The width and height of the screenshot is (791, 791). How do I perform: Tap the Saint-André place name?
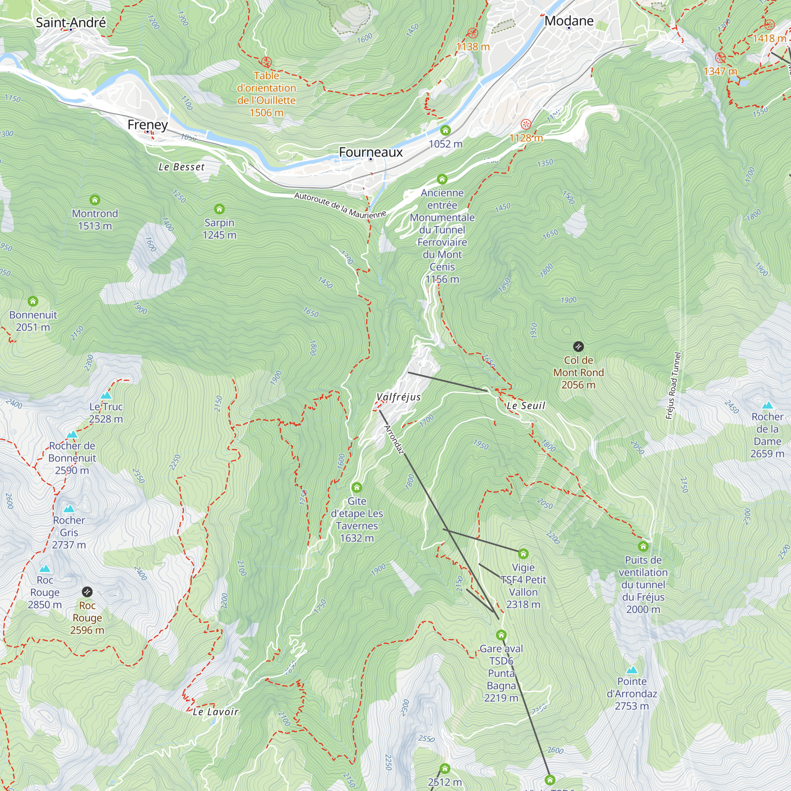click(x=71, y=22)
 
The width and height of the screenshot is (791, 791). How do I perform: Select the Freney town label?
click(x=148, y=125)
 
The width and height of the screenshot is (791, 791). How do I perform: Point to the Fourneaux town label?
click(x=371, y=152)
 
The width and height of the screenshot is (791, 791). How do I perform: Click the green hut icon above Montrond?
click(x=95, y=200)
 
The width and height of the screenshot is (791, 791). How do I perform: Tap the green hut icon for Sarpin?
click(x=220, y=209)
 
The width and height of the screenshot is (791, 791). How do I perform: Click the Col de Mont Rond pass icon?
click(x=578, y=347)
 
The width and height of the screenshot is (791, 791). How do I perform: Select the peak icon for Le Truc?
click(x=106, y=395)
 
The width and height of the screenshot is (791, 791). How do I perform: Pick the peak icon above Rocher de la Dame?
click(x=767, y=405)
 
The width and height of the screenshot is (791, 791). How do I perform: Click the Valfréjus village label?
click(x=398, y=397)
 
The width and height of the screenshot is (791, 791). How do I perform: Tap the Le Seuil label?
click(x=526, y=406)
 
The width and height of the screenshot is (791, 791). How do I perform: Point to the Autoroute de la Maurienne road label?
click(x=340, y=205)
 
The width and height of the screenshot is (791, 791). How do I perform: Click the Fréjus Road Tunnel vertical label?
click(x=673, y=386)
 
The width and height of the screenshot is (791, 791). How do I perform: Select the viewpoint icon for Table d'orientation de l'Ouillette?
click(x=267, y=62)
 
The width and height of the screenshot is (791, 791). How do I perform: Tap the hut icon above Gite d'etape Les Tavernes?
click(x=357, y=487)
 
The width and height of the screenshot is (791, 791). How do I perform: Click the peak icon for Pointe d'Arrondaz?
click(x=632, y=670)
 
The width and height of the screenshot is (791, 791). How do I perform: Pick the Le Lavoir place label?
click(x=216, y=712)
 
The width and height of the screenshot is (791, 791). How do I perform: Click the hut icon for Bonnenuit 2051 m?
click(x=33, y=301)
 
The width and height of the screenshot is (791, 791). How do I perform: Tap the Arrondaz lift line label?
click(x=394, y=440)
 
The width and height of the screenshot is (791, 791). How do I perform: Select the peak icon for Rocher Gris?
click(x=69, y=509)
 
